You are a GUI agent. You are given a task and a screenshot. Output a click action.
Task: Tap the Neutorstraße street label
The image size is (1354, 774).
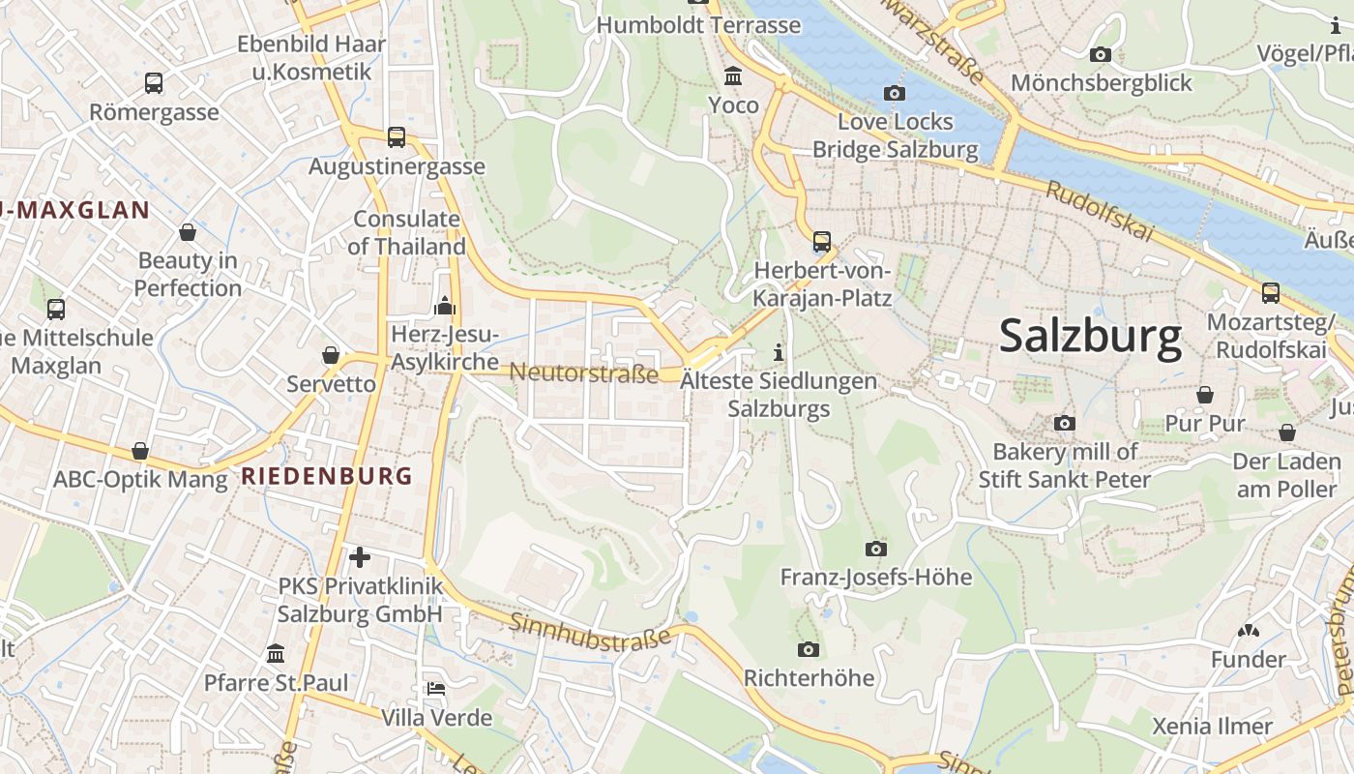[584, 372]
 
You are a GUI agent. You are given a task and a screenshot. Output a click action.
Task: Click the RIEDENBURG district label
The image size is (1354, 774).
[326, 476]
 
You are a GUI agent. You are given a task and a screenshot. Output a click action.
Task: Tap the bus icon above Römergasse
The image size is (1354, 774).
[154, 83]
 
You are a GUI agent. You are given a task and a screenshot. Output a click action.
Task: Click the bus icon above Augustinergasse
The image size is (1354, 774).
[397, 137]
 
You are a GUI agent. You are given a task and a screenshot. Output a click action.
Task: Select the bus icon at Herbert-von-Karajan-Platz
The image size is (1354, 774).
[822, 242]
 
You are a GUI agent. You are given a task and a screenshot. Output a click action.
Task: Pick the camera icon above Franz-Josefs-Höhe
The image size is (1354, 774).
[875, 550]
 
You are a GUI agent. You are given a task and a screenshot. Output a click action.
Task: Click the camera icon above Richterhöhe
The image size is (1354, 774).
[809, 649]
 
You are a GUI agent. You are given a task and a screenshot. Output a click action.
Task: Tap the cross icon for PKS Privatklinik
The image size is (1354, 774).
[360, 557]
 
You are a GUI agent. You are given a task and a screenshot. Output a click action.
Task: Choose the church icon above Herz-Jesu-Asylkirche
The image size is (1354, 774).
[445, 307]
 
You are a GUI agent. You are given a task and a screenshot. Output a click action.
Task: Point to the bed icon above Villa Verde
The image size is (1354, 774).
[436, 689]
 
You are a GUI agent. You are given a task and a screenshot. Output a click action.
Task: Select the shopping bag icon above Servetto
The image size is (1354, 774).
[331, 355]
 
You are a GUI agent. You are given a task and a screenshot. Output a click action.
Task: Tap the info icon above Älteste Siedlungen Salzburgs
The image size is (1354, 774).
[780, 353]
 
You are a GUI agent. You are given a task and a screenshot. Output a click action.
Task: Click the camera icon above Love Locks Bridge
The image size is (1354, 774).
[895, 94]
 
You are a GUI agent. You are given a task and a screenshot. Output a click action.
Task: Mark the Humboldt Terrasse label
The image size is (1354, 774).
[698, 25]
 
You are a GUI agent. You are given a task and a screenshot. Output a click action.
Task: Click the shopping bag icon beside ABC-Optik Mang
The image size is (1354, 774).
[140, 452]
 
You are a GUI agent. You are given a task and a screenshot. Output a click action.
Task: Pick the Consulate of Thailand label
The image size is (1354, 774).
[406, 232]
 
